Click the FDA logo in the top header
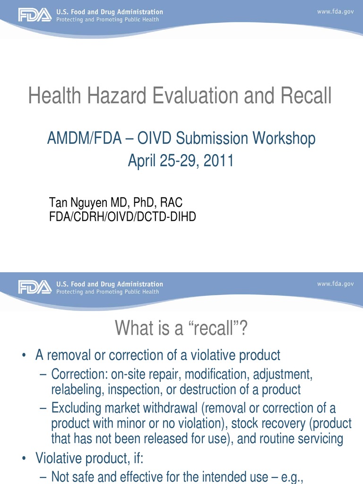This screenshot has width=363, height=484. [x=35, y=15]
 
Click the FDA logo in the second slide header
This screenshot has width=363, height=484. [x=35, y=287]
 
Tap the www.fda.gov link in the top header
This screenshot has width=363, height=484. [x=335, y=11]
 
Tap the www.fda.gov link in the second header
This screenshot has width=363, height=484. [x=335, y=284]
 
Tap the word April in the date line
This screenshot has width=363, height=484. [x=143, y=161]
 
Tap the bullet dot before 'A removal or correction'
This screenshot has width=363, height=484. [x=24, y=355]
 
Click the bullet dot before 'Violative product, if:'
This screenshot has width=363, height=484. [x=24, y=458]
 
